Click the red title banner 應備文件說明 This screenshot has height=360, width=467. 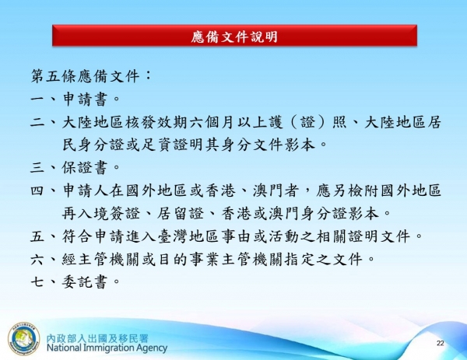point(233,37)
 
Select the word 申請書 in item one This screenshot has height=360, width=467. point(86,100)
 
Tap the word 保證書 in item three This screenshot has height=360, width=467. point(86,167)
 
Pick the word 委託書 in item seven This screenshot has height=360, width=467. point(86,281)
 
